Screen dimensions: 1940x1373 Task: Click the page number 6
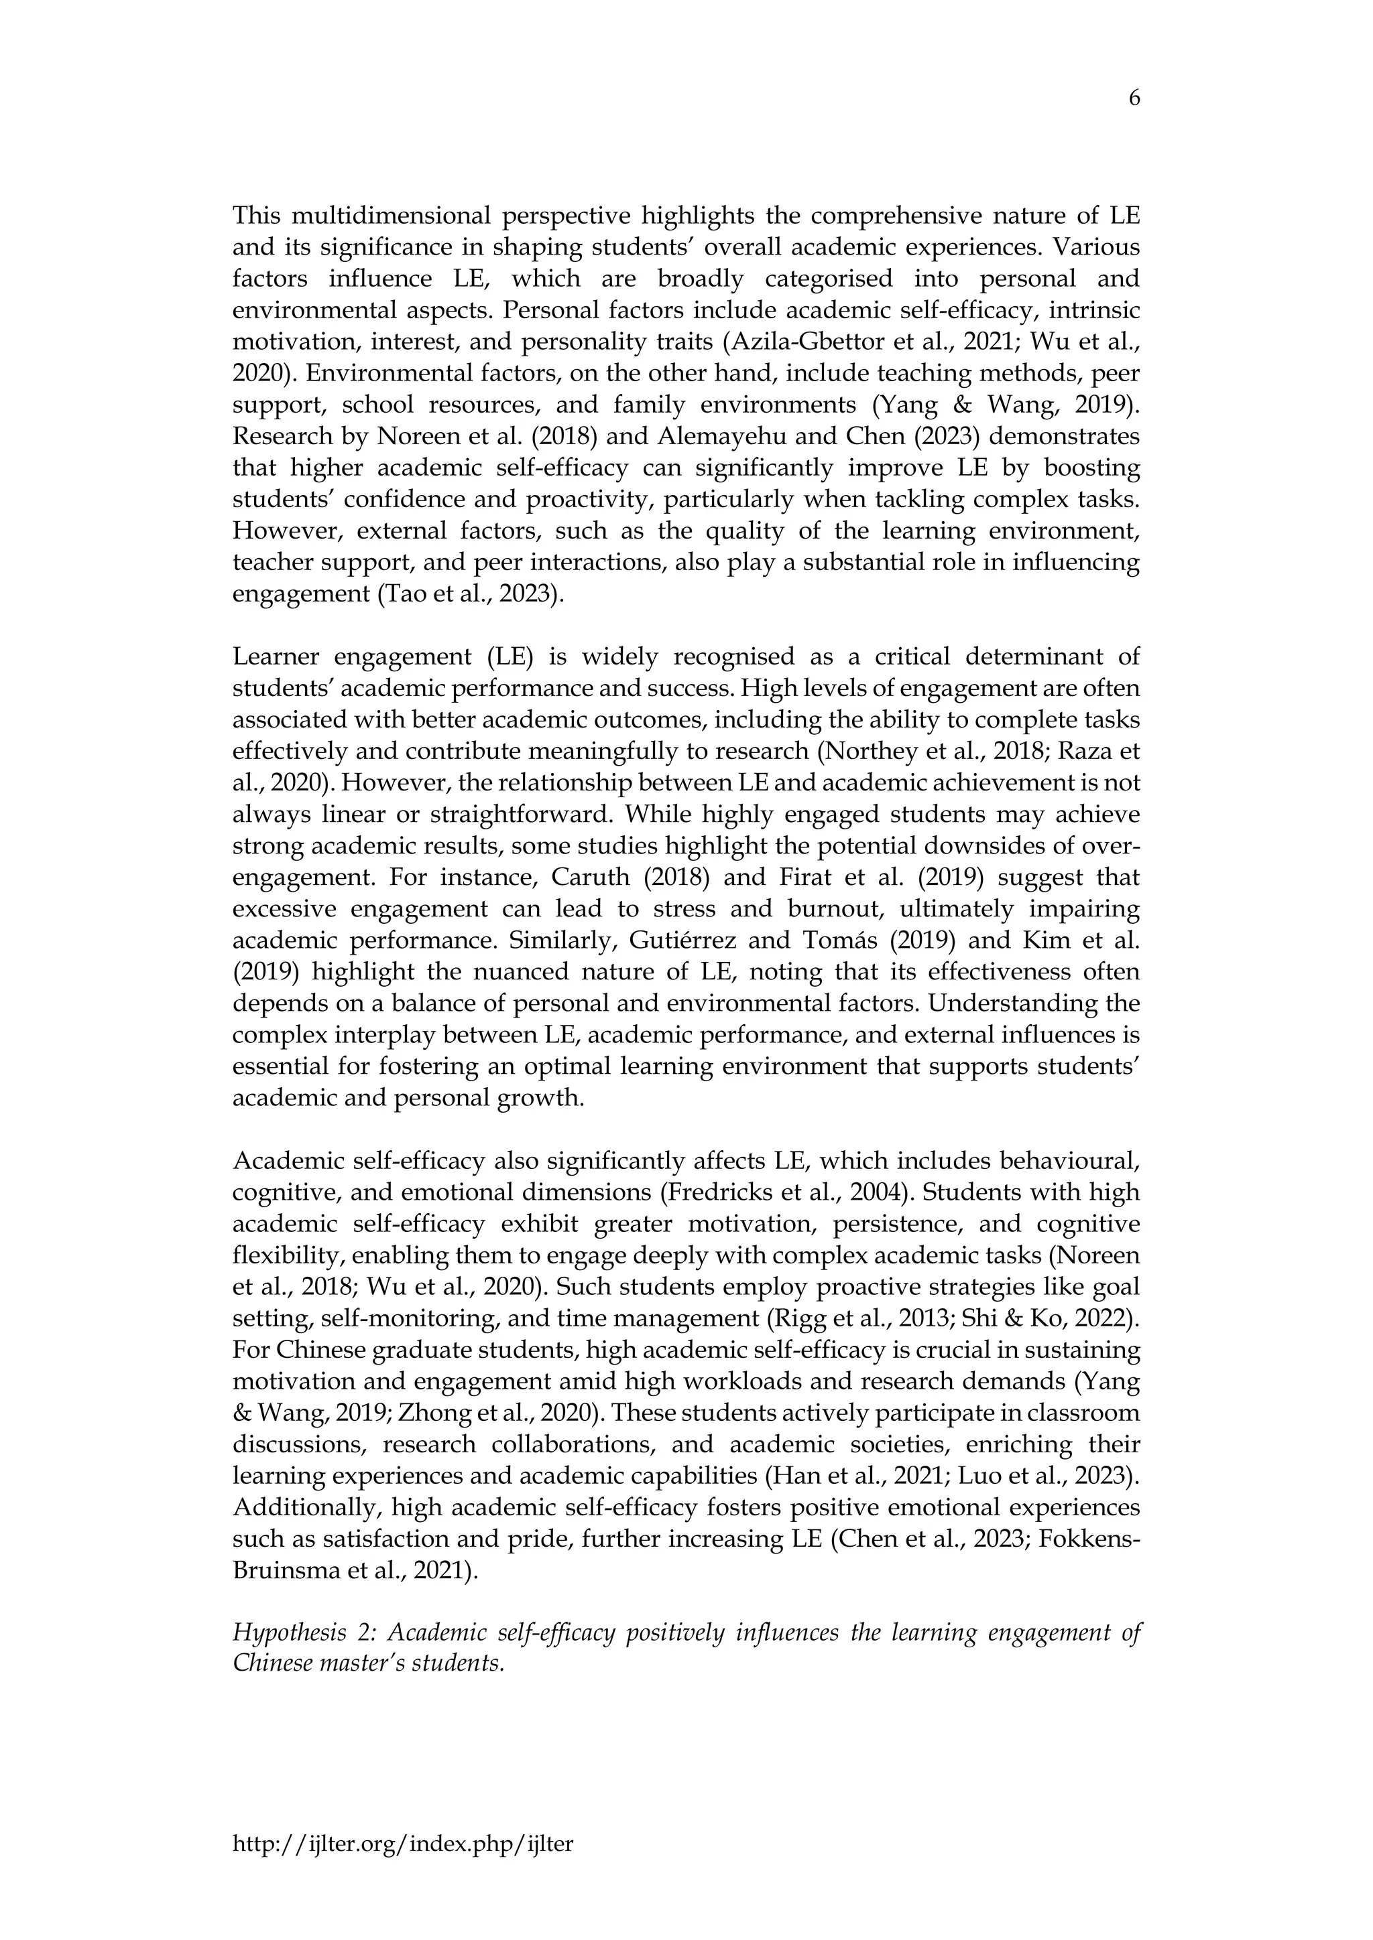pyautogui.click(x=1134, y=99)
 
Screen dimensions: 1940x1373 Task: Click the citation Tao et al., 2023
pyautogui.click(x=467, y=595)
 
